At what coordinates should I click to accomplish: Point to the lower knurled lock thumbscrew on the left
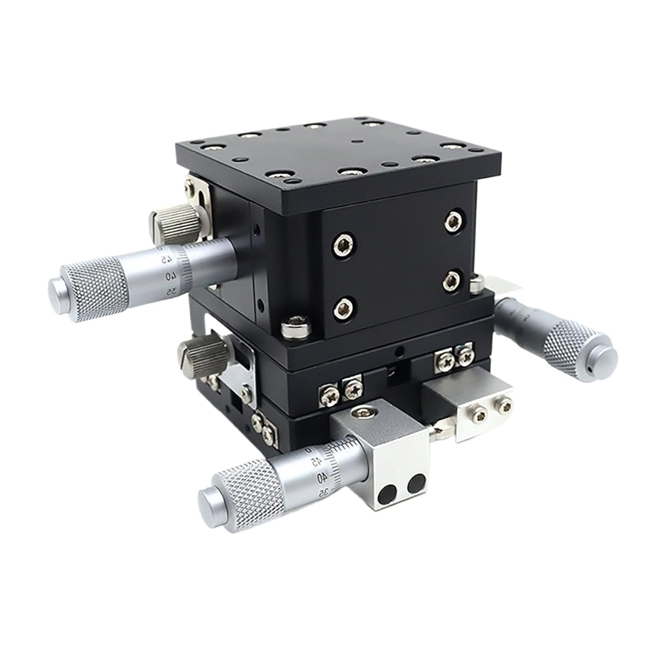[x=194, y=352]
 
